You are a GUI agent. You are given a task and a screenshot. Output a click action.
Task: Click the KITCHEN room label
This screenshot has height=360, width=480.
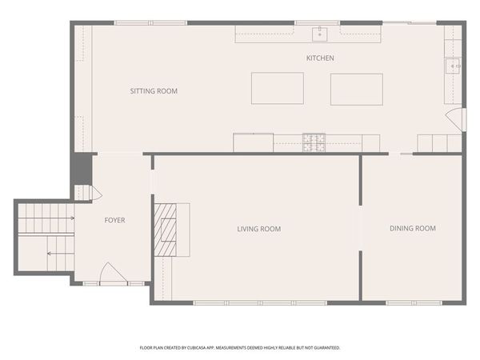tap(320, 58)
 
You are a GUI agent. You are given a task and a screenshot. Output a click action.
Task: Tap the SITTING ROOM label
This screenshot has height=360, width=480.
tap(154, 91)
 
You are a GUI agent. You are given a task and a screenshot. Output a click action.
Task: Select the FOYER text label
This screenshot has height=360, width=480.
tap(114, 220)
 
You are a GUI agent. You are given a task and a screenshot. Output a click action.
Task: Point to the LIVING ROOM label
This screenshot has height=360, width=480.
tap(258, 230)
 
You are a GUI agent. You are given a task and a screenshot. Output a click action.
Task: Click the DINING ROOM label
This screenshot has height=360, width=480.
tap(412, 229)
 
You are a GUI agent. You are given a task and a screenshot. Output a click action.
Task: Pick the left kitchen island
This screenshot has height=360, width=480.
tap(277, 88)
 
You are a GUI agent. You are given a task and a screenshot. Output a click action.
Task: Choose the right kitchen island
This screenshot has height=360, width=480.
tap(356, 89)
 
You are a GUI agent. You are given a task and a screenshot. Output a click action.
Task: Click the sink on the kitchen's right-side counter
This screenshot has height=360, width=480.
tap(452, 66)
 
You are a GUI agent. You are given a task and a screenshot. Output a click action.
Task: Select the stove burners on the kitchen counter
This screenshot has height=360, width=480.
tap(314, 142)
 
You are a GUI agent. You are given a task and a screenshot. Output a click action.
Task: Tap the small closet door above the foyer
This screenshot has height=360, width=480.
tap(95, 193)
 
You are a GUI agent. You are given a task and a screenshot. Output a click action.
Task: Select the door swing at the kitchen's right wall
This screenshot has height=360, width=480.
tap(456, 120)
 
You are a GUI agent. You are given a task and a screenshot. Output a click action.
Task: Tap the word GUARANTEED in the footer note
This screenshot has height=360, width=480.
tap(325, 348)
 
